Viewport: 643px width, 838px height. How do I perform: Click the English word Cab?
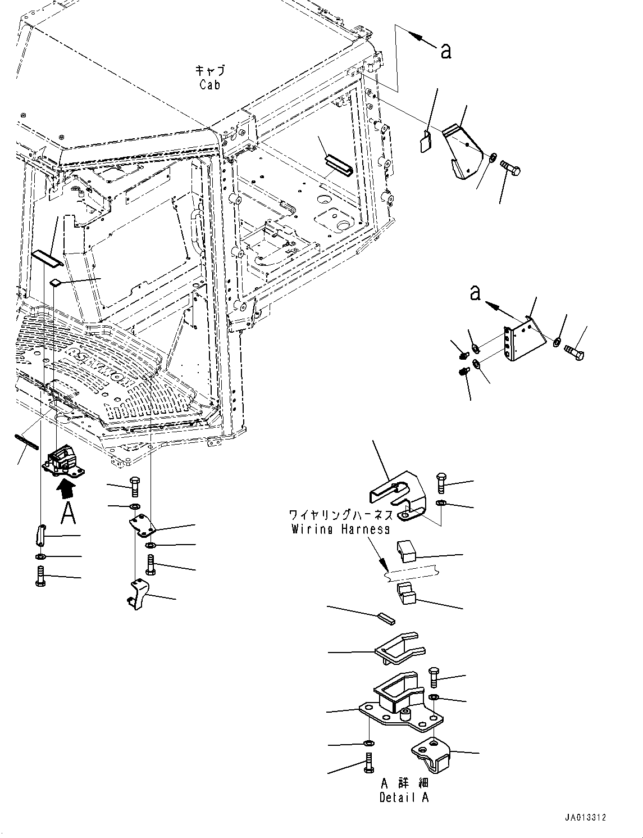point(209,85)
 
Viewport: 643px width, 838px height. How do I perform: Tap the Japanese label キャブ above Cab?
point(209,71)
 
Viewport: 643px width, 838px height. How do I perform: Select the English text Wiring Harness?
point(340,529)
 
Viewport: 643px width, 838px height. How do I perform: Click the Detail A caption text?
point(404,798)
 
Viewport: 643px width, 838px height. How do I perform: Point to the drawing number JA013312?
point(586,818)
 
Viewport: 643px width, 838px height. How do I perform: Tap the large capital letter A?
point(68,513)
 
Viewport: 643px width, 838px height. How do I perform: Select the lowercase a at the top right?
point(446,51)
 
